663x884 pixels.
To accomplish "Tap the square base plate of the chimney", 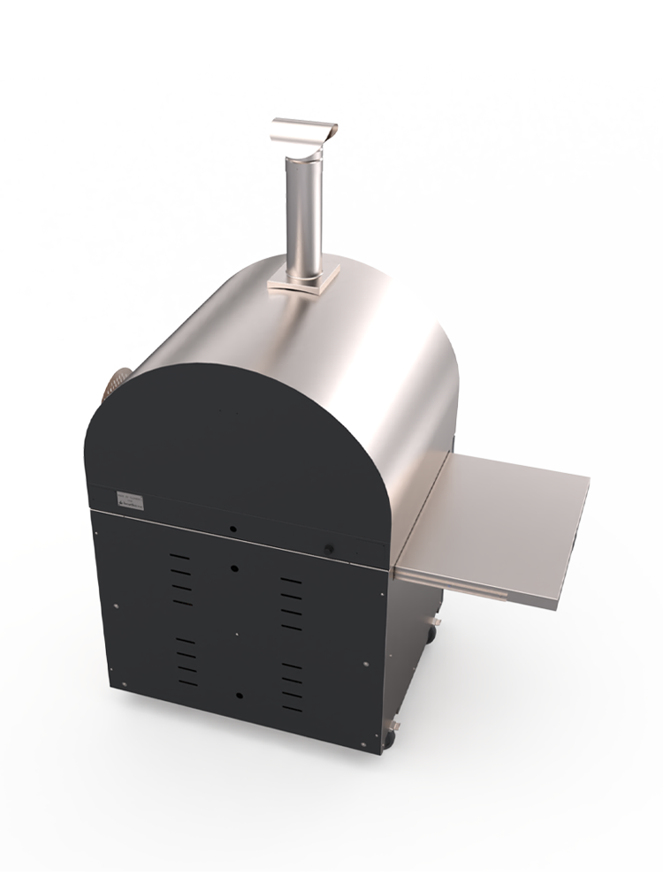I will click(x=303, y=281).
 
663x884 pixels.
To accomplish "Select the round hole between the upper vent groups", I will click(x=234, y=568).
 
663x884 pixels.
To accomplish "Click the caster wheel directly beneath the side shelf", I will click(x=432, y=632).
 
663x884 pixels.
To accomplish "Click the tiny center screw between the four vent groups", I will click(x=236, y=633).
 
